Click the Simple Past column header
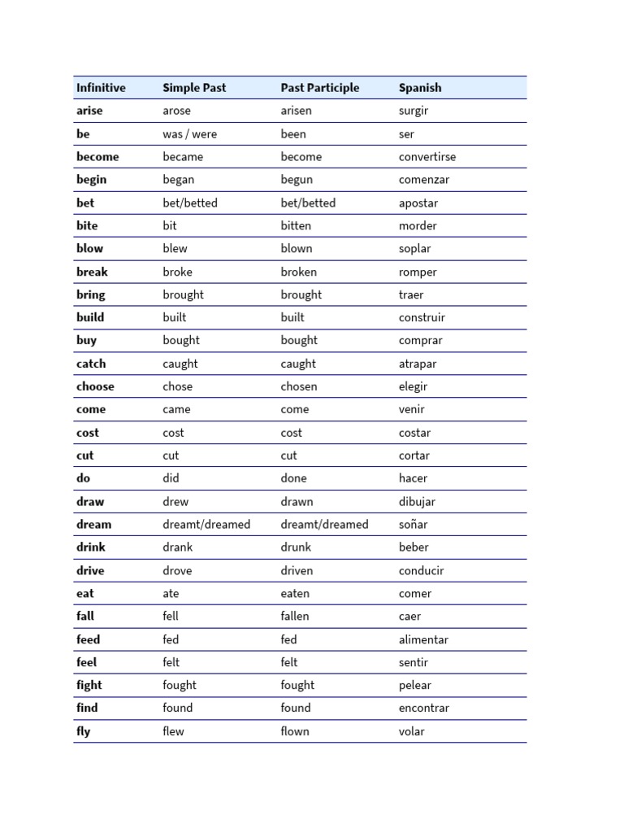click(x=194, y=88)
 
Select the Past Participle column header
click(x=319, y=88)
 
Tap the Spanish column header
click(x=420, y=88)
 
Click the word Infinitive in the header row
click(x=101, y=88)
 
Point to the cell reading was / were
click(x=189, y=134)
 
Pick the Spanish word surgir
click(x=414, y=111)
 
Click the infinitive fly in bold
click(x=84, y=731)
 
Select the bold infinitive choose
click(x=95, y=386)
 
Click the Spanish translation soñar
click(x=413, y=525)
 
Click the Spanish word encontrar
click(x=424, y=708)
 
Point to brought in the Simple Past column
click(x=183, y=294)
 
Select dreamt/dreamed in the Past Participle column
click(x=324, y=525)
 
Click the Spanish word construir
click(x=422, y=317)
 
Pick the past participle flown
click(x=295, y=731)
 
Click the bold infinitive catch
click(x=91, y=364)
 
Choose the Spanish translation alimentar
click(x=423, y=639)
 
